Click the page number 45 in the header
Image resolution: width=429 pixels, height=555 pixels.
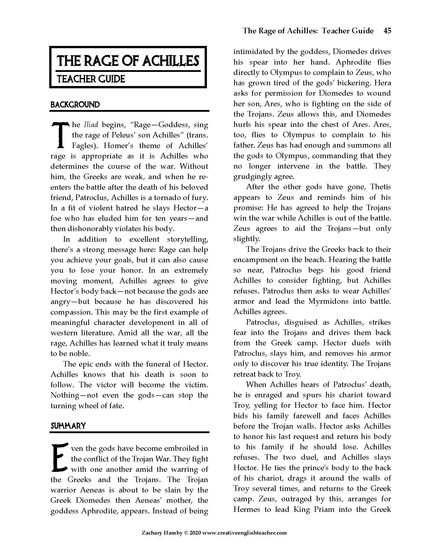coord(387,31)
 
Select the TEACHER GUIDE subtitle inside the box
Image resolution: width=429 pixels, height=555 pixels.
coord(91,79)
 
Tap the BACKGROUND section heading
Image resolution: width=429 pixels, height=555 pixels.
coord(75,105)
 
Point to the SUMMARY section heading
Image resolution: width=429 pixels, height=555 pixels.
coord(68,426)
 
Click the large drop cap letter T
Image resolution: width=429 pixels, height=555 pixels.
coord(60,135)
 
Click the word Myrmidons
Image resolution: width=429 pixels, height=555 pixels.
coord(328,301)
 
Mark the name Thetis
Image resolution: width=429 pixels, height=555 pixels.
coord(381,187)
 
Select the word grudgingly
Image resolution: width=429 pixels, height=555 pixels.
coord(253,176)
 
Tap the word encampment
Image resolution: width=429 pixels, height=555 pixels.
coord(256,260)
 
